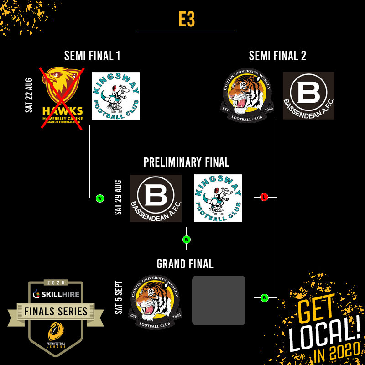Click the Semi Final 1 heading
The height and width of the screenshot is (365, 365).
[92, 56]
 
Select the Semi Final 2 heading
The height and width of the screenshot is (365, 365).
[277, 56]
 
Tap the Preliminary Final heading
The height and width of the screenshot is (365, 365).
[186, 162]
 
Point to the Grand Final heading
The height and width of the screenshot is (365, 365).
[185, 264]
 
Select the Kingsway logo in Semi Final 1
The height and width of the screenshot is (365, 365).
[116, 96]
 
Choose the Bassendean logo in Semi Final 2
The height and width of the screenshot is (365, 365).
[308, 96]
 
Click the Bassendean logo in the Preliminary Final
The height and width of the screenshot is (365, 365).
[156, 198]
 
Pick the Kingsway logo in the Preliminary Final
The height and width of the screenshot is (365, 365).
[218, 198]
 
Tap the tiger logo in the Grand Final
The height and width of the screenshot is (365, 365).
[155, 300]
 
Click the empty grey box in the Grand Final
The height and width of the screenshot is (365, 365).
[219, 301]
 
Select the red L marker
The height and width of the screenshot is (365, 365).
[264, 197]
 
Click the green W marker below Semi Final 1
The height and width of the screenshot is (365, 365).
[99, 198]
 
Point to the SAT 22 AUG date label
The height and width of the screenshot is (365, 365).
[29, 96]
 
